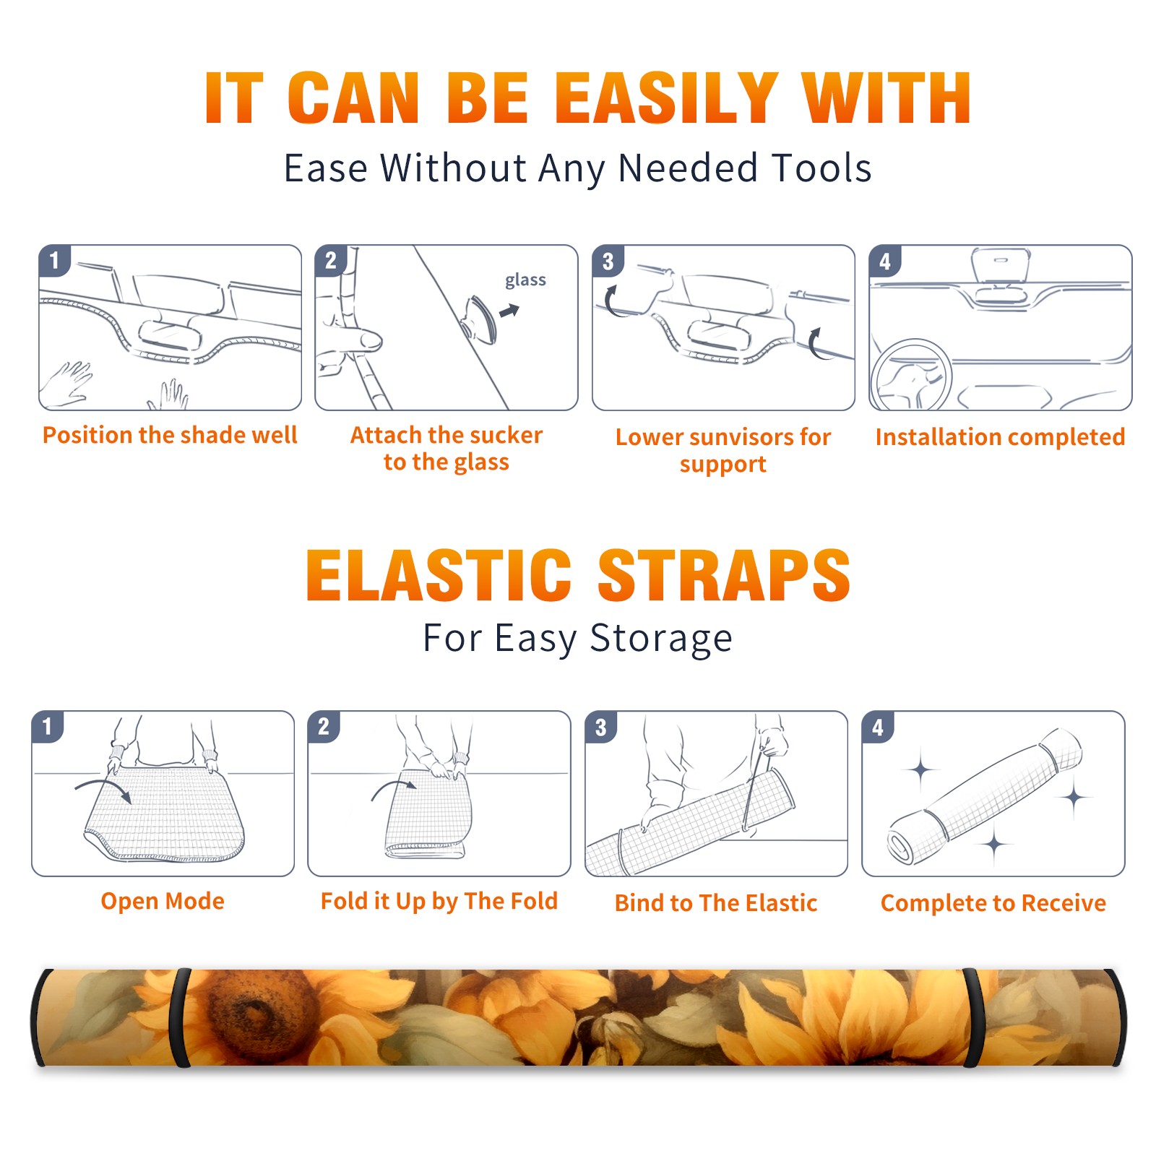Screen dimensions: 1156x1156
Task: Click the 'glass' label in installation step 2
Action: pyautogui.click(x=525, y=280)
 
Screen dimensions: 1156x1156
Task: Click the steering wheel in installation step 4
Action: pyautogui.click(x=912, y=374)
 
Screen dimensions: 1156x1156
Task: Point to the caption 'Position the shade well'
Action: pyautogui.click(x=170, y=435)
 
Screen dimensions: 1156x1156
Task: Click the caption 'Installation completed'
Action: pyautogui.click(x=1000, y=436)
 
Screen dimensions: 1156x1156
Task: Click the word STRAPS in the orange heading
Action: pyautogui.click(x=724, y=575)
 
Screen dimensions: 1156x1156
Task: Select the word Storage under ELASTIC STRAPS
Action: pyautogui.click(x=661, y=639)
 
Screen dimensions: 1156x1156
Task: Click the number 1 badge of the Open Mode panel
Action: pyautogui.click(x=48, y=727)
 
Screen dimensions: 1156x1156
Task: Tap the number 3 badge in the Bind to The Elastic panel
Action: pyautogui.click(x=601, y=727)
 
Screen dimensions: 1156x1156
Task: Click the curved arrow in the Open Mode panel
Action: pyautogui.click(x=103, y=790)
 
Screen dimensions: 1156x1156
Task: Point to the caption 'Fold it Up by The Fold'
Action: pyautogui.click(x=439, y=901)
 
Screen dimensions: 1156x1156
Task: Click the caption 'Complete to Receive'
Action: pyautogui.click(x=993, y=903)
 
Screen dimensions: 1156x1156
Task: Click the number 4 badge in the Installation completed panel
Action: pyautogui.click(x=885, y=262)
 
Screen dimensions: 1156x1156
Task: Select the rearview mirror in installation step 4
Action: pyautogui.click(x=1001, y=266)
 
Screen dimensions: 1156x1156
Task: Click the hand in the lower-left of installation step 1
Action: pyautogui.click(x=66, y=383)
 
